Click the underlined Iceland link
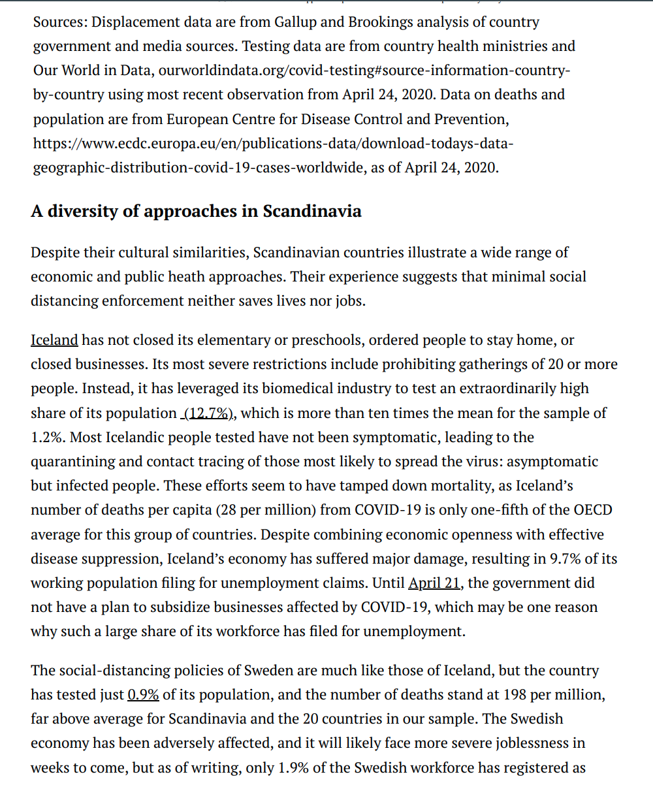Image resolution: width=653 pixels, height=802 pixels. point(54,340)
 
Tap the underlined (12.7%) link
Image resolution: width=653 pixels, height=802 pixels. point(206,413)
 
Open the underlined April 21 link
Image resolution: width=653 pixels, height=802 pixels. point(434,583)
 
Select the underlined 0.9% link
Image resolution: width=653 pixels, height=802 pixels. point(143,695)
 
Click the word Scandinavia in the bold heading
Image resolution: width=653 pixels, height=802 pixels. point(312,212)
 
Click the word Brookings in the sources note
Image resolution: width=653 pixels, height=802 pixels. point(380,22)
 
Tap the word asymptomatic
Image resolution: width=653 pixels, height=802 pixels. point(552,462)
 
